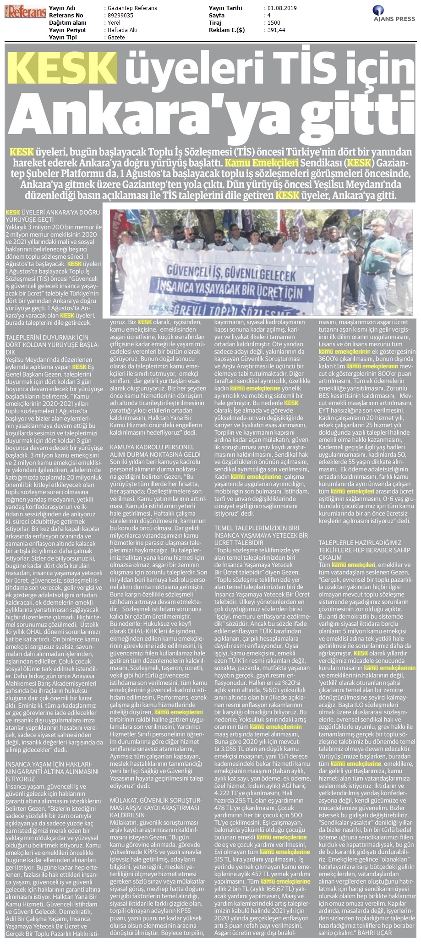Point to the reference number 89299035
pyautogui.click(x=118, y=16)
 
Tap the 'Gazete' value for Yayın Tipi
pyautogui.click(x=115, y=37)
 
